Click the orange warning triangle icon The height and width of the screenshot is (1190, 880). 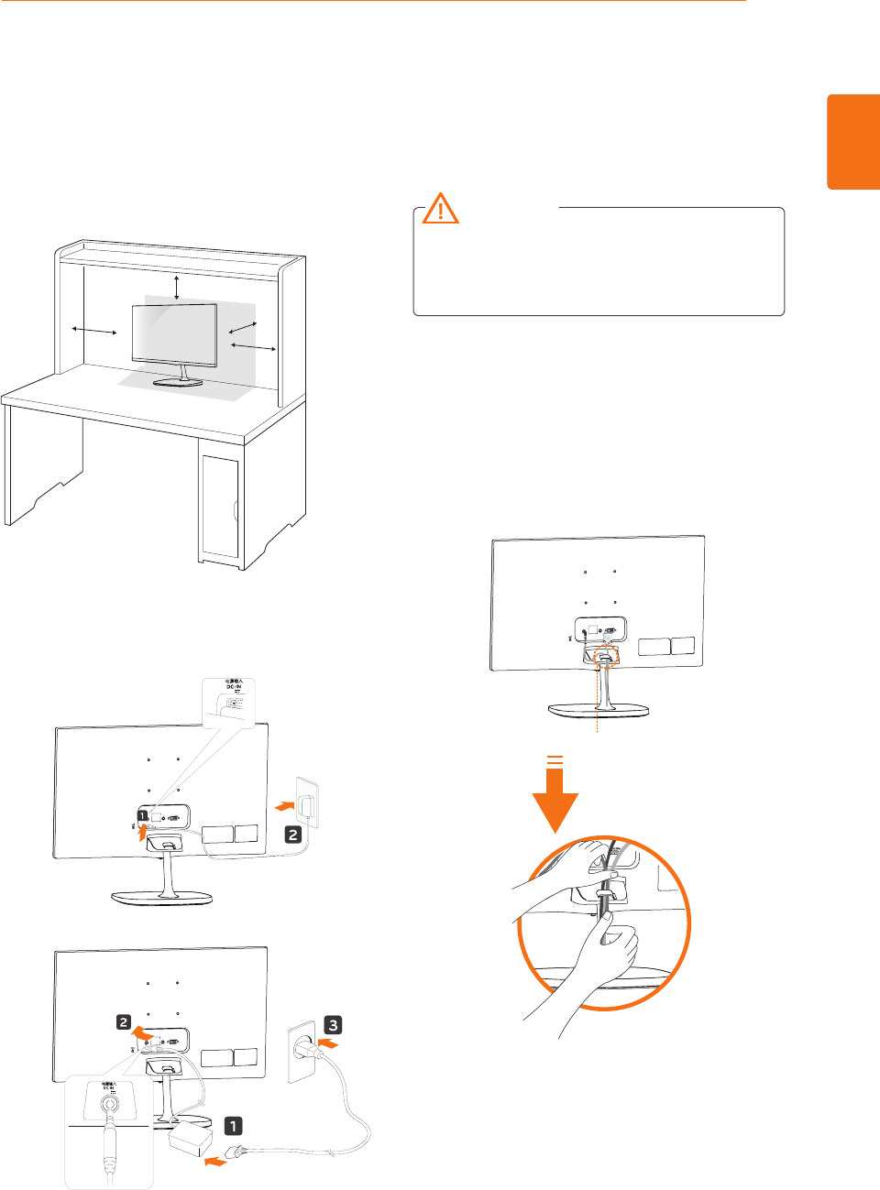click(x=441, y=209)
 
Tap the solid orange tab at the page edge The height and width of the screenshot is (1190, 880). click(x=853, y=141)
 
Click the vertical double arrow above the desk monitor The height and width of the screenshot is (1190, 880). click(x=177, y=285)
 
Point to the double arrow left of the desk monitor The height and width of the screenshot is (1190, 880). click(x=94, y=330)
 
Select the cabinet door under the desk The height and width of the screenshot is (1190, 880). click(x=220, y=507)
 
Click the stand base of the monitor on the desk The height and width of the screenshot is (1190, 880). click(x=178, y=381)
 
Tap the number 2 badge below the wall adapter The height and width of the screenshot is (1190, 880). click(x=292, y=834)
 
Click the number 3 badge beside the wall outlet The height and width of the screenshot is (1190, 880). click(x=334, y=1025)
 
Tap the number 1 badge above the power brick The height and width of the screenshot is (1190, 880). click(x=234, y=1126)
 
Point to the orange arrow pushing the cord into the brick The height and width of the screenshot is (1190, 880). click(x=215, y=1162)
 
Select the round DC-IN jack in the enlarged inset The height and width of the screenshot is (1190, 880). click(x=110, y=1104)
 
